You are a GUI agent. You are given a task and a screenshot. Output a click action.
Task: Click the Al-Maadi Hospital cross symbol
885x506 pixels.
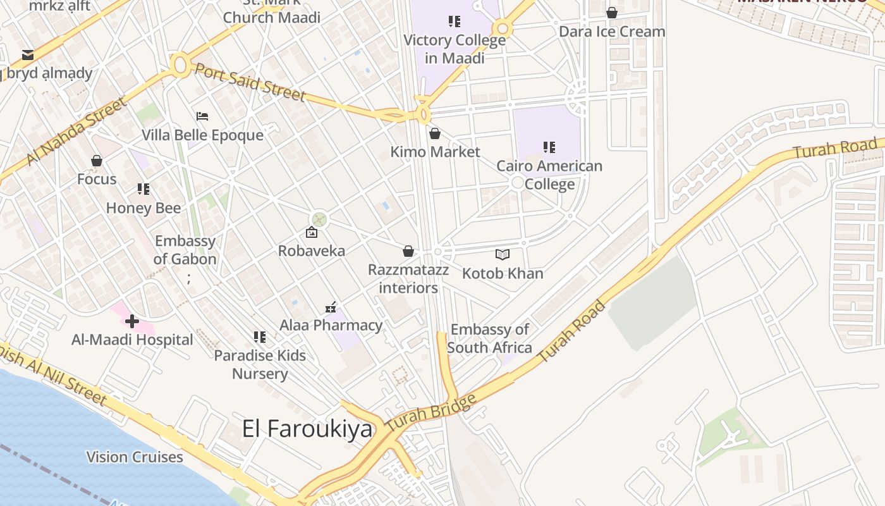[131, 321]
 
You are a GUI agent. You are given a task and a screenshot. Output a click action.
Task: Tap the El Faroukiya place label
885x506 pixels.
[307, 429]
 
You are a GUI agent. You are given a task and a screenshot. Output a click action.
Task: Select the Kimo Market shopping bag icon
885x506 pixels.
[435, 133]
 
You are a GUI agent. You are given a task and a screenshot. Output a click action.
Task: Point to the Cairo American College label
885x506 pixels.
[549, 175]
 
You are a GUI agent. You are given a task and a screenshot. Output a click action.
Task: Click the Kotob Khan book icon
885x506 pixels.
[503, 255]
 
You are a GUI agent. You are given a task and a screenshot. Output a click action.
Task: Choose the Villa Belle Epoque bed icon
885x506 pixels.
[202, 116]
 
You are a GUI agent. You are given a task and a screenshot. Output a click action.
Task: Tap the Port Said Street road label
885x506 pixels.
[250, 81]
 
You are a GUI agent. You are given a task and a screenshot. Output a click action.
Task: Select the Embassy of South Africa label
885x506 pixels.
[490, 338]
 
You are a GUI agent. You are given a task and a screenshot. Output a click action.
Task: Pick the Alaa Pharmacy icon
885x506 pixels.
[331, 307]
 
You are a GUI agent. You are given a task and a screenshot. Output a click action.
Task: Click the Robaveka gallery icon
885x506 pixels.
[312, 233]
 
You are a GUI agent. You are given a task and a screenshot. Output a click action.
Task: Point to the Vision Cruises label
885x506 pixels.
[135, 457]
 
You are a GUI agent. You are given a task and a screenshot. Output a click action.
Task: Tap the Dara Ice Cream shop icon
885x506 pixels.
[612, 13]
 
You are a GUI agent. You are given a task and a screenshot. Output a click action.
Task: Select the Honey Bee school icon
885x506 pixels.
[143, 189]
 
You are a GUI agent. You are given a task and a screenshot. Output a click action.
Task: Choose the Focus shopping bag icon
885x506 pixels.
[97, 161]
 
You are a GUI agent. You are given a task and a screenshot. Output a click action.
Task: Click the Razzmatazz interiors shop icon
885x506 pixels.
[408, 252]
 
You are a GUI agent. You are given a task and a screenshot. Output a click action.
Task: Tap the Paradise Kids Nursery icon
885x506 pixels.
[260, 337]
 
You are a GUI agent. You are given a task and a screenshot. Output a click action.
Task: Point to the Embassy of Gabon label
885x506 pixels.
[185, 250]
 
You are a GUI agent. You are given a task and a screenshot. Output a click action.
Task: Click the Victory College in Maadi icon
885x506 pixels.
[455, 22]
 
